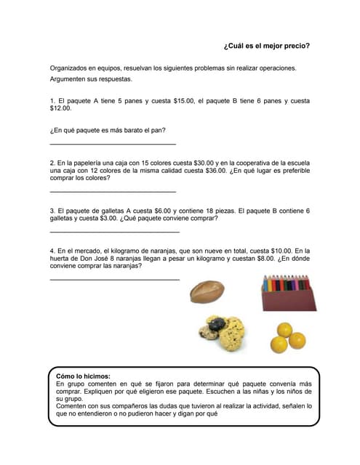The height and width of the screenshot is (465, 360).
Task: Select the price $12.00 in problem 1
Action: click(x=61, y=108)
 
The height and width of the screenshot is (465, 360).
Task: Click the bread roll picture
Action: click(x=207, y=291)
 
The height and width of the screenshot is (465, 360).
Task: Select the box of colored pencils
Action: click(x=289, y=293)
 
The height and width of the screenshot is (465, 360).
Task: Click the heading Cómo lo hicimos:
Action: click(x=83, y=376)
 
